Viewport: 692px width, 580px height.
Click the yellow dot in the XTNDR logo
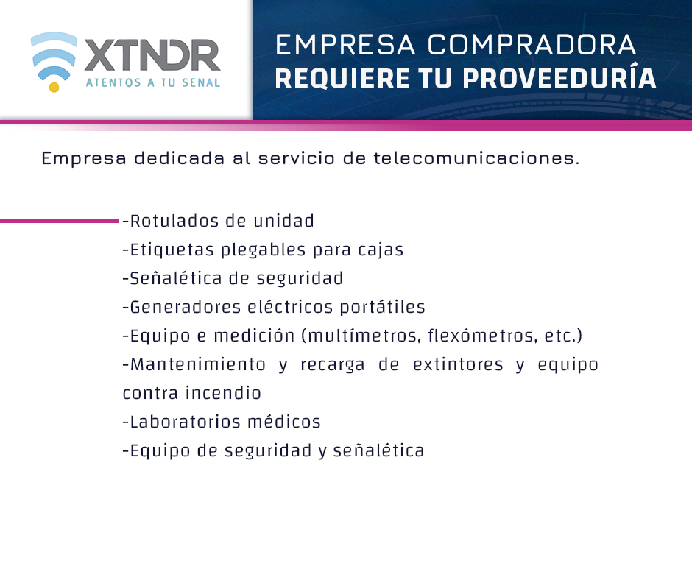point(54,88)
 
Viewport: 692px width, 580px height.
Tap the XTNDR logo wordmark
point(152,56)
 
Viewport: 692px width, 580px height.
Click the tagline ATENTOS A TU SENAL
point(152,82)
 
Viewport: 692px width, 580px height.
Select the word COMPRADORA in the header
point(532,45)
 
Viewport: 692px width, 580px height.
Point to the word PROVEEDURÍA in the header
point(559,78)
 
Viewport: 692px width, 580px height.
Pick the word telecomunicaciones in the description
point(476,158)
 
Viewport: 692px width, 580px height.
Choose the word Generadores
point(186,307)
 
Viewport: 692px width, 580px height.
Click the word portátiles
point(382,307)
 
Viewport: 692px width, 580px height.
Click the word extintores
point(458,364)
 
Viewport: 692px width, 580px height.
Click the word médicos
point(284,422)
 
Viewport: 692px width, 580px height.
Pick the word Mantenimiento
point(198,364)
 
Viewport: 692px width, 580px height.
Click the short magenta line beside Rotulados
point(60,221)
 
